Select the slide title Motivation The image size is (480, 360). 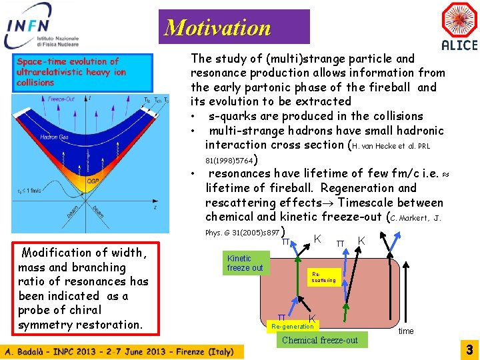[217, 27]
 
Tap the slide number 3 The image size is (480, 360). [469, 349]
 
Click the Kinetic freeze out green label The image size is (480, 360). [245, 263]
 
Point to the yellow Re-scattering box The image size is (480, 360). [324, 277]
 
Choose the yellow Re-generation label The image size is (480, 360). [292, 327]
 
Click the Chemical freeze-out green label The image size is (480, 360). [320, 340]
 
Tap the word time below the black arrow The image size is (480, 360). [406, 331]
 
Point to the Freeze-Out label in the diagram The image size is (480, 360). [61, 99]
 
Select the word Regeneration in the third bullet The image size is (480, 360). [378, 188]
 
